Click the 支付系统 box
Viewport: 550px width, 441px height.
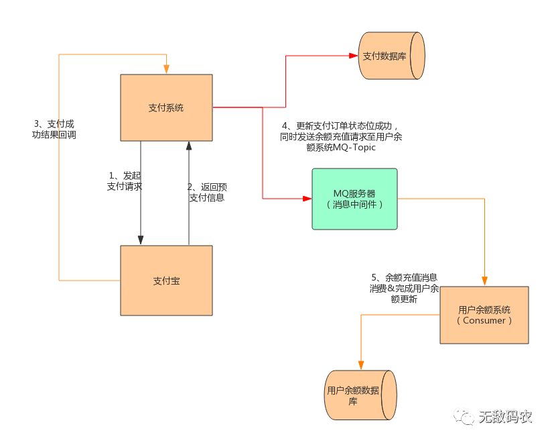(x=166, y=107)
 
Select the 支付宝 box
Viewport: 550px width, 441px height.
(x=166, y=280)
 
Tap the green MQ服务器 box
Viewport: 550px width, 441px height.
(x=354, y=199)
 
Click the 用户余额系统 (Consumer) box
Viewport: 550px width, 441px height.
(x=484, y=315)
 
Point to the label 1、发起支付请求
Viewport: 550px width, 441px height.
(x=124, y=181)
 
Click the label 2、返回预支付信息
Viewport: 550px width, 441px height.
(x=206, y=192)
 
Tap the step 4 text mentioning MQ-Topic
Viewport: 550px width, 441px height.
(x=342, y=137)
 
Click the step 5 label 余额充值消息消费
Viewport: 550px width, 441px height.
(x=405, y=288)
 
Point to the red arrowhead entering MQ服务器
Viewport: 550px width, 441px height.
(x=307, y=199)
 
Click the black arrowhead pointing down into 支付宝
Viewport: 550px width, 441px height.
(x=141, y=240)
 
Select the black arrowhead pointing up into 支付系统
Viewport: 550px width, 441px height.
(x=189, y=146)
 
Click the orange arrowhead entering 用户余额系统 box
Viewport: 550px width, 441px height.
(x=484, y=281)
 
